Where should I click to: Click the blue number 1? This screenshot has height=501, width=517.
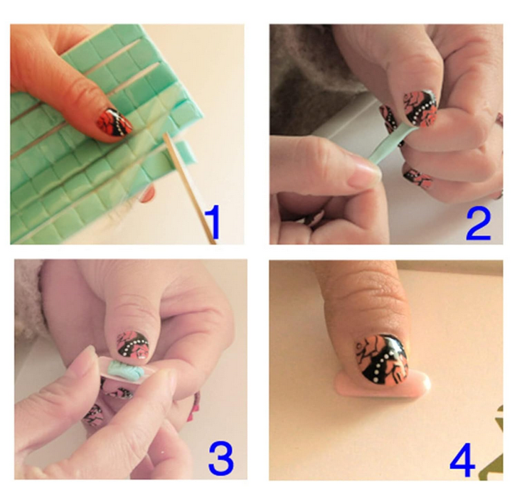[213, 221]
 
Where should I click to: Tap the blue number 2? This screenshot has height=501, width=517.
[479, 224]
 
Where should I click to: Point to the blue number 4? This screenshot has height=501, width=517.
[462, 460]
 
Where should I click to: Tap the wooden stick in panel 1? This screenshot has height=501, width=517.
[188, 187]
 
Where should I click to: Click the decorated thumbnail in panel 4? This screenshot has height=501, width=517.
[383, 360]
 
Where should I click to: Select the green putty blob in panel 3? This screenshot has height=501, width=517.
[126, 369]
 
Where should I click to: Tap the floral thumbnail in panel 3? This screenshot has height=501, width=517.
[132, 346]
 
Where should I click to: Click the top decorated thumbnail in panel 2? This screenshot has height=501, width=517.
[420, 108]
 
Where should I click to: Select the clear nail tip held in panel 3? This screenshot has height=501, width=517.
[127, 370]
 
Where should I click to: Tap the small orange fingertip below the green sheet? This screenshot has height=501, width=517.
[147, 194]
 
